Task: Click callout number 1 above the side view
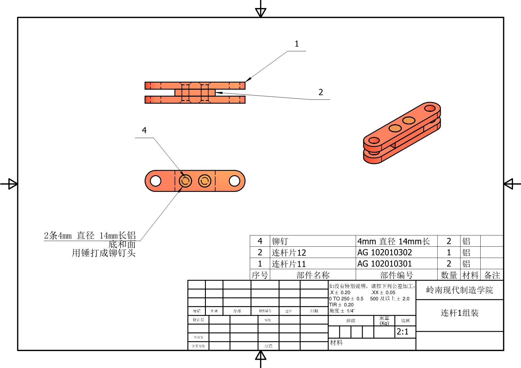tap(296, 44)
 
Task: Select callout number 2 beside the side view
tap(321, 92)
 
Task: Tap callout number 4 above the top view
tap(144, 130)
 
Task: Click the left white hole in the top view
tap(156, 181)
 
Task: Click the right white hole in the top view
tap(234, 181)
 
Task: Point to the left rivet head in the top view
tap(185, 181)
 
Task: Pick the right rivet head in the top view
tap(205, 181)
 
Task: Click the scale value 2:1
tap(402, 331)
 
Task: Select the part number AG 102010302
tap(384, 252)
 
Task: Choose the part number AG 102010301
tap(384, 264)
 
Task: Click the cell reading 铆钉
tap(280, 241)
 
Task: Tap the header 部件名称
tap(313, 275)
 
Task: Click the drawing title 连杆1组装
tap(460, 313)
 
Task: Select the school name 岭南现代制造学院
tap(460, 290)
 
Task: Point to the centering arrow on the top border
tap(260, 12)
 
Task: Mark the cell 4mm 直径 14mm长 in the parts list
tap(393, 241)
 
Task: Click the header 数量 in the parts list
tap(449, 275)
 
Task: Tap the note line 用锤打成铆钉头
tap(104, 253)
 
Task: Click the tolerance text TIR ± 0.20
tap(341, 305)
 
